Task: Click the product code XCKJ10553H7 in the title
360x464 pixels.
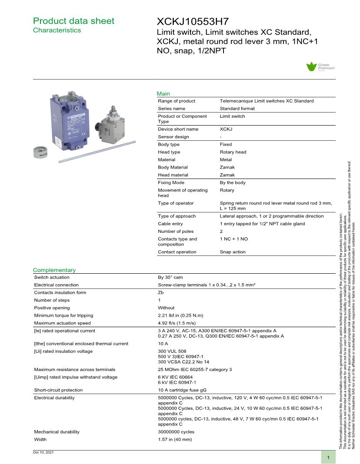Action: (193, 22)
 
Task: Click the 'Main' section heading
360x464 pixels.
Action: (163, 93)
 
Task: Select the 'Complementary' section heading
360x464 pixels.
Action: (54, 270)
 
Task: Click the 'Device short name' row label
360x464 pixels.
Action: (178, 129)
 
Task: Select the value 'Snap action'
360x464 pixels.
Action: (233, 252)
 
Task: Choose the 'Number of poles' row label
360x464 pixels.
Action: (176, 232)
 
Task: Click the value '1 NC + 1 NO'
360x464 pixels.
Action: (234, 239)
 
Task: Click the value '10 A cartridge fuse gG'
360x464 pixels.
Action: (182, 390)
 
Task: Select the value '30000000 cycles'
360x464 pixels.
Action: (176, 432)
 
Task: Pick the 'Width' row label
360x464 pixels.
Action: (41, 440)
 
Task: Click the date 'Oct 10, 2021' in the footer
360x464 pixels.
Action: (43, 453)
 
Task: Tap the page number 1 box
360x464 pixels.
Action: (328, 457)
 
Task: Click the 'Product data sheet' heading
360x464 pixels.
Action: (74, 21)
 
